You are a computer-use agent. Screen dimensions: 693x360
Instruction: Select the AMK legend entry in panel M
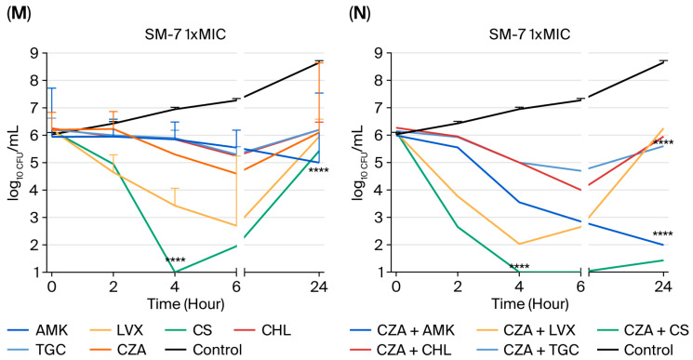(x=38, y=330)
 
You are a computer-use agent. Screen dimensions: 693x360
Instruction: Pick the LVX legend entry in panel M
(x=115, y=330)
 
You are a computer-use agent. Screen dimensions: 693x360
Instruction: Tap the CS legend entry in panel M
(x=189, y=330)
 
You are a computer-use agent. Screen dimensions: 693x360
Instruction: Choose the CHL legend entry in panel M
(x=264, y=330)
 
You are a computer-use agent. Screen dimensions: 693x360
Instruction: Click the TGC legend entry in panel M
(x=36, y=350)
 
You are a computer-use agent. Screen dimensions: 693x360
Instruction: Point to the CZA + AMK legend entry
(x=402, y=330)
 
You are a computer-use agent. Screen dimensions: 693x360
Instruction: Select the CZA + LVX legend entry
(x=526, y=330)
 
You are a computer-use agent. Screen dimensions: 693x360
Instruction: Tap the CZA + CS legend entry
(x=643, y=330)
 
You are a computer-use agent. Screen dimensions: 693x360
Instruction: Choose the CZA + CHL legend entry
(x=401, y=350)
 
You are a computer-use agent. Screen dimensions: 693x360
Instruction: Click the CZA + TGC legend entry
(x=528, y=350)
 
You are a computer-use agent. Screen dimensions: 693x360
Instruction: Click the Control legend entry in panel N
(x=635, y=350)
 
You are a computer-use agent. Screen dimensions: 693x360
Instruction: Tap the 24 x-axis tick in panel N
(x=663, y=287)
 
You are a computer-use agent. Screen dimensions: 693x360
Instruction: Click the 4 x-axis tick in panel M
(x=175, y=287)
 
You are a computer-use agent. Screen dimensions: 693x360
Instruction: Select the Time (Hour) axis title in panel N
(x=530, y=304)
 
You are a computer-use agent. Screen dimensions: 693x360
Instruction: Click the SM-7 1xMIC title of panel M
(x=185, y=34)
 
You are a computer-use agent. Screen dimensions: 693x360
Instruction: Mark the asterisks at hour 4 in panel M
(x=175, y=260)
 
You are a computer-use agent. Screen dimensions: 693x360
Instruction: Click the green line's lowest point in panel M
(x=175, y=272)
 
